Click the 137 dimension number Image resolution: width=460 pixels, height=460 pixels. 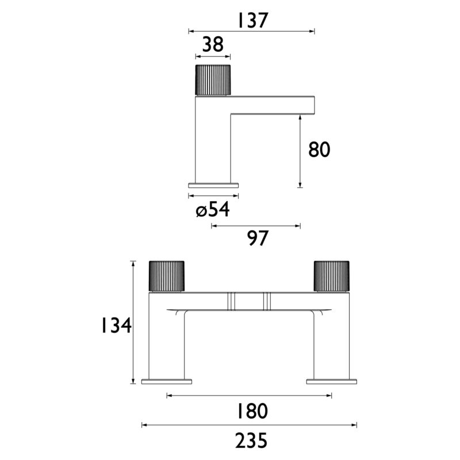click(x=253, y=20)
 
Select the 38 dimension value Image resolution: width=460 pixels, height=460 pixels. click(x=213, y=45)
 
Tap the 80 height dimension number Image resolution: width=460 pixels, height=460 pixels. click(x=319, y=149)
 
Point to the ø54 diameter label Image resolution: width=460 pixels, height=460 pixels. click(x=213, y=209)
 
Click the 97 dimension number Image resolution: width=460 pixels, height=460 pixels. click(x=258, y=238)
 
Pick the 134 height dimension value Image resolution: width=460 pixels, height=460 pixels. click(x=116, y=325)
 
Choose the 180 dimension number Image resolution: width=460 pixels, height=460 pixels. click(x=252, y=411)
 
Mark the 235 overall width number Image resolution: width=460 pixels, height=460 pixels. click(x=251, y=440)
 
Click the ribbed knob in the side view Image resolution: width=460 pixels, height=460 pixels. click(x=213, y=79)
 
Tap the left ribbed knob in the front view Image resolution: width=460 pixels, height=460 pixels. click(x=167, y=277)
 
